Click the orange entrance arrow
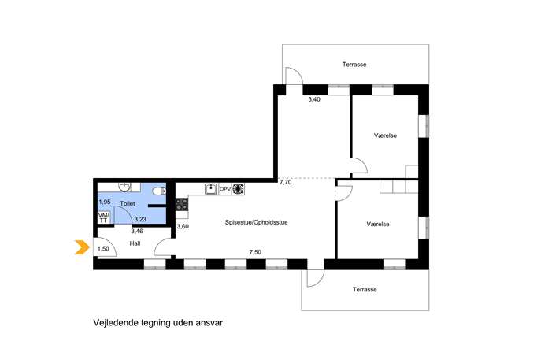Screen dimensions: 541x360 [x=82, y=247]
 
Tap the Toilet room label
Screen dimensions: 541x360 [x=128, y=204]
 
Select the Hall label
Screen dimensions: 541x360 [x=135, y=243]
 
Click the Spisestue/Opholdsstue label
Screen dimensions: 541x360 [x=257, y=222]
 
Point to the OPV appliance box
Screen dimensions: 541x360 [x=225, y=189]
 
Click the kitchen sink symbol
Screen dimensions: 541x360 [x=211, y=189]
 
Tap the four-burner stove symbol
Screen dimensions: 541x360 [x=182, y=204]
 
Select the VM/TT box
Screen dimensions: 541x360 [x=103, y=217]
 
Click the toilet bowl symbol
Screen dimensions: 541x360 [x=159, y=191]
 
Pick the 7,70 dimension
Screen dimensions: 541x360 [x=285, y=182]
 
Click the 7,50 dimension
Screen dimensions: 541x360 [x=255, y=252]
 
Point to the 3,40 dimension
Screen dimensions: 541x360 [x=314, y=99]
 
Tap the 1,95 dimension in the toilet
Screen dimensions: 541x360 [x=105, y=202]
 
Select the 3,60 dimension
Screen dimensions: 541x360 [x=183, y=227]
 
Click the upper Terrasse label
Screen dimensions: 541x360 [x=354, y=65]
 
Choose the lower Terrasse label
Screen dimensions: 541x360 [x=365, y=290]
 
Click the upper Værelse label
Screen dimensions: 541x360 [x=385, y=135]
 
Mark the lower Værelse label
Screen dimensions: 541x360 [x=378, y=224]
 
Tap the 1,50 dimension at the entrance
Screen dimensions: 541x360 [x=103, y=249]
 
